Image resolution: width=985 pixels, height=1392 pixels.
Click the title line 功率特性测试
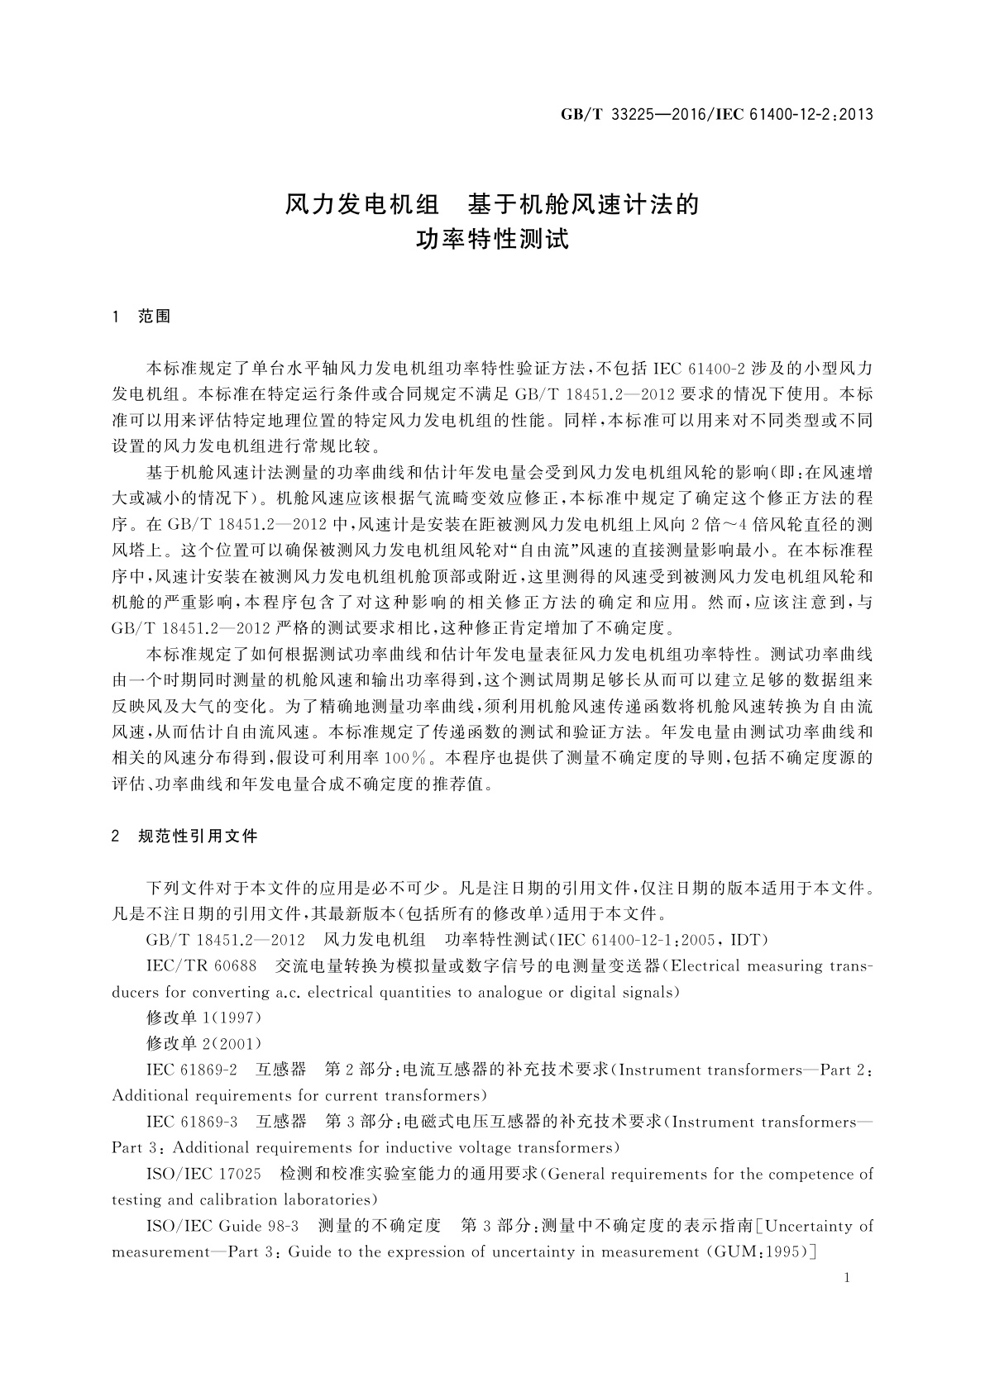pyautogui.click(x=492, y=241)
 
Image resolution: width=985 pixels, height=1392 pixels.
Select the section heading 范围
pyautogui.click(x=155, y=317)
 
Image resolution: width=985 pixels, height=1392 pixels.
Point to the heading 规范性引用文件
pyautogui.click(x=198, y=837)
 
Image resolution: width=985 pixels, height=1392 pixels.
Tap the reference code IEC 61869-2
pyautogui.click(x=192, y=1070)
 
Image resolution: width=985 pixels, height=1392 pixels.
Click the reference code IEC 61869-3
pyautogui.click(x=192, y=1122)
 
